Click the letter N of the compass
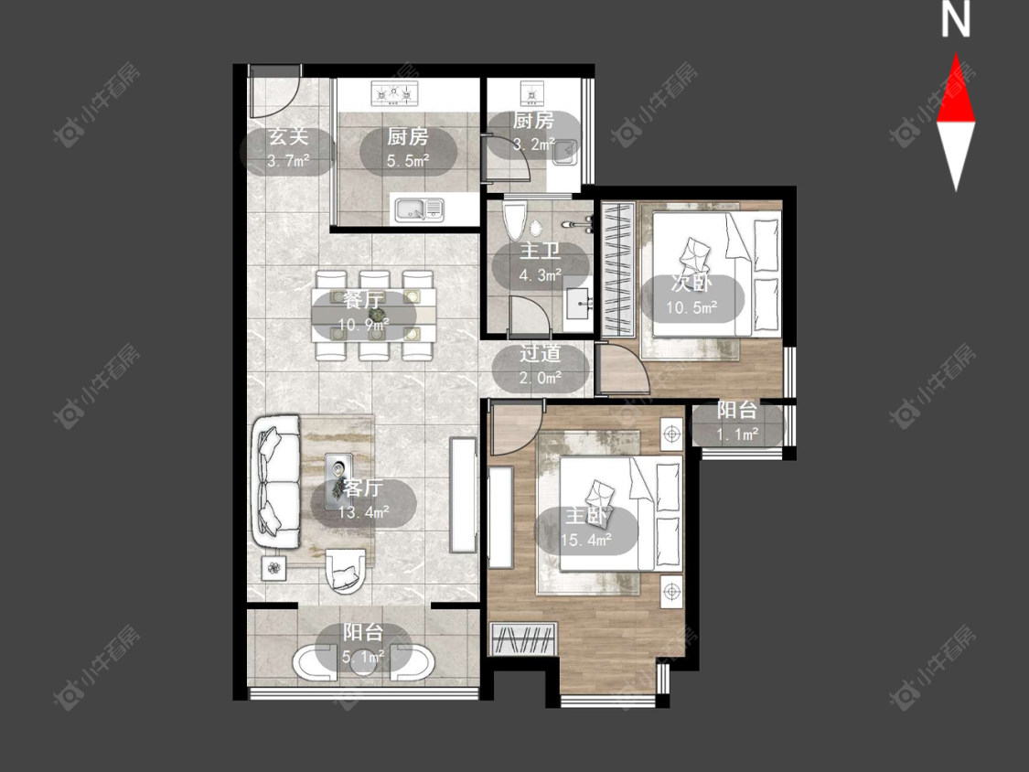pos(956,18)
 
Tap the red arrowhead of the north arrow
pos(956,90)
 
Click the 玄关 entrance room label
pos(288,136)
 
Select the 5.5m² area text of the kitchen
pos(408,161)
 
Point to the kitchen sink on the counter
pos(419,209)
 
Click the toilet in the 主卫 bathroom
pos(514,220)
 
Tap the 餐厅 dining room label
pos(363,301)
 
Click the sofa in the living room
pos(274,483)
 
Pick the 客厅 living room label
pos(363,488)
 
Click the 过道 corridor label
pos(540,354)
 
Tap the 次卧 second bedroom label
pos(691,284)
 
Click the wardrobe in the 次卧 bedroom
pos(616,271)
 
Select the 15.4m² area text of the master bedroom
pos(586,540)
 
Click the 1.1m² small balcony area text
pos(737,434)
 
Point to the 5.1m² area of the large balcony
pos(363,656)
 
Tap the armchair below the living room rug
pos(344,571)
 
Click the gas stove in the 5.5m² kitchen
pos(395,93)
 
